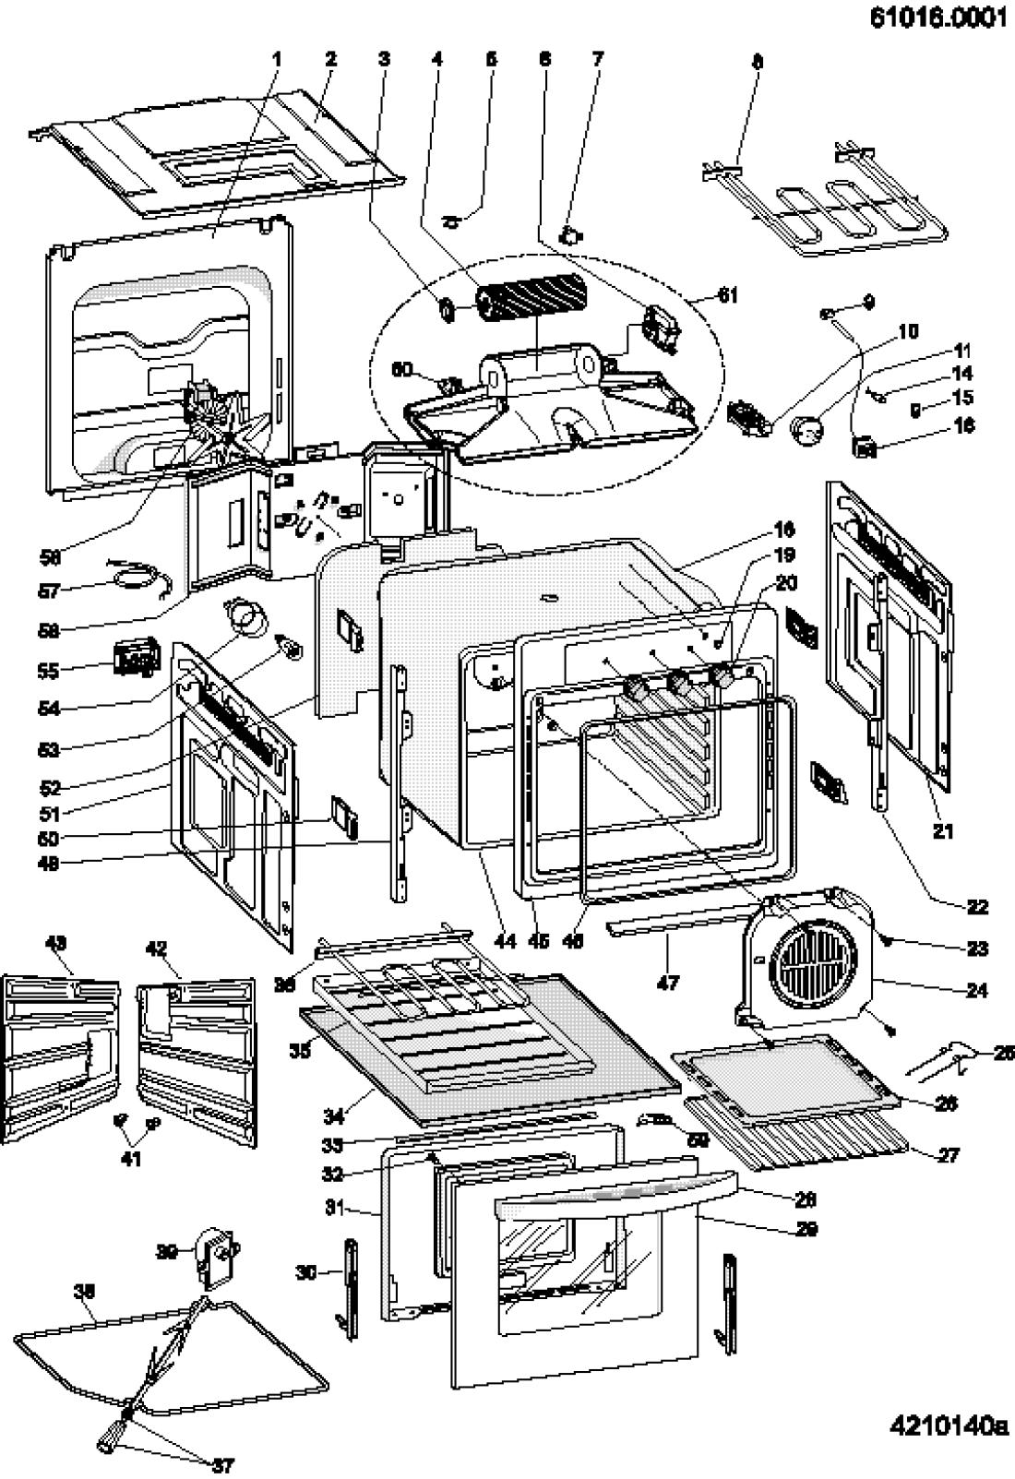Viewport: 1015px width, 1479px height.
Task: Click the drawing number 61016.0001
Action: pos(937,19)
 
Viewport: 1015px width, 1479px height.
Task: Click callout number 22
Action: pos(976,907)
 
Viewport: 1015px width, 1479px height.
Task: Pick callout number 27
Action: pos(949,1153)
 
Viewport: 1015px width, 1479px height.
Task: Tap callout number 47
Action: pos(667,983)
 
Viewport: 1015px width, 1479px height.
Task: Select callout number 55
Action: pos(48,672)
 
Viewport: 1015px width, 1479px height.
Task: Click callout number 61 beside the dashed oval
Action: pos(727,295)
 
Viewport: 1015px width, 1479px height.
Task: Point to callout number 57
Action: pos(49,591)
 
